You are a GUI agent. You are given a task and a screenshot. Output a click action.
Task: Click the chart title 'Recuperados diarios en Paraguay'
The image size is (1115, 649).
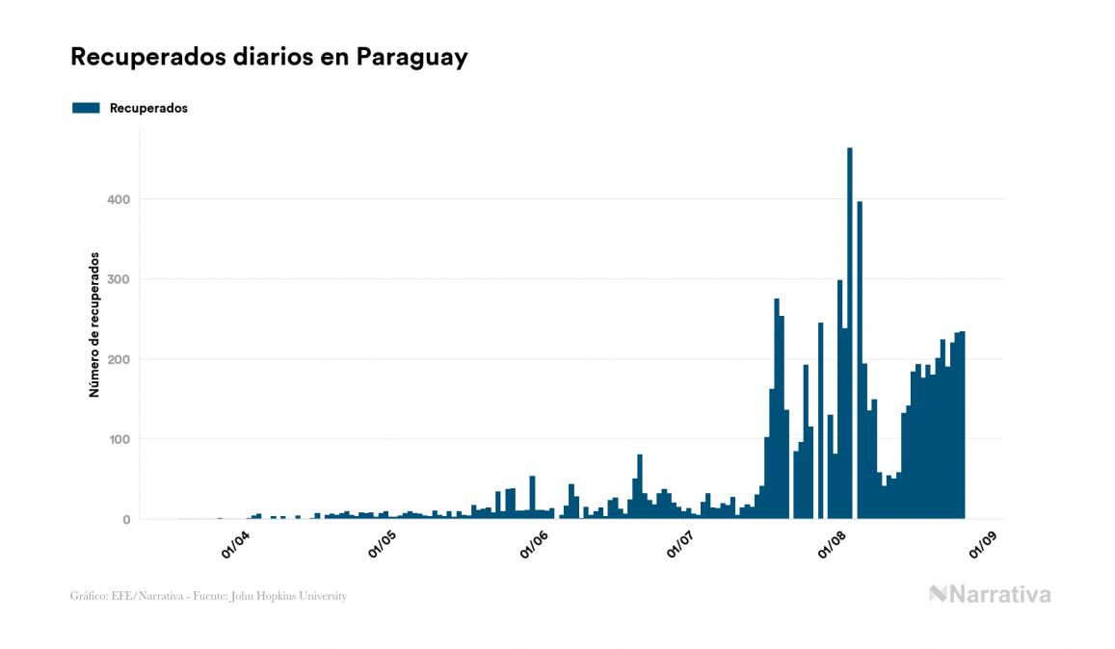(x=269, y=57)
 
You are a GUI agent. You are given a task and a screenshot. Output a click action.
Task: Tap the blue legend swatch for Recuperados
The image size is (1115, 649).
(x=86, y=108)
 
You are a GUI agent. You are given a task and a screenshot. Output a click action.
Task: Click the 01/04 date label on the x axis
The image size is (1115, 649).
(x=234, y=544)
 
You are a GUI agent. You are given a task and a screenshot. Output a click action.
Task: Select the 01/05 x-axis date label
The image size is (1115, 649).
(x=384, y=544)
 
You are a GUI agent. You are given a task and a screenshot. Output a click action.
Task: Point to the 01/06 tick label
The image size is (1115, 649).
(x=533, y=544)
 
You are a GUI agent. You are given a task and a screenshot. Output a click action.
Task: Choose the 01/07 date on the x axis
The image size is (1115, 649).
(x=681, y=544)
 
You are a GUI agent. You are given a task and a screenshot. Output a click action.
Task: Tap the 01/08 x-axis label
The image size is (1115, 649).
(x=831, y=544)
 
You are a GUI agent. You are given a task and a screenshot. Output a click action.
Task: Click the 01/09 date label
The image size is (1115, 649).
(x=981, y=544)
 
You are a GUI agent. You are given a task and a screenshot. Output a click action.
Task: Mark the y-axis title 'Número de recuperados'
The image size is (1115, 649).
(x=94, y=324)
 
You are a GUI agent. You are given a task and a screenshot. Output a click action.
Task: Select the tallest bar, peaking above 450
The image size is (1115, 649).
(x=849, y=337)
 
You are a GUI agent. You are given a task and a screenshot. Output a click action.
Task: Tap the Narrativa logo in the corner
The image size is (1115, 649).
(x=990, y=594)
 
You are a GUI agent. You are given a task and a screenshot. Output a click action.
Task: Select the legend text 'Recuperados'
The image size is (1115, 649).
(x=148, y=108)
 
